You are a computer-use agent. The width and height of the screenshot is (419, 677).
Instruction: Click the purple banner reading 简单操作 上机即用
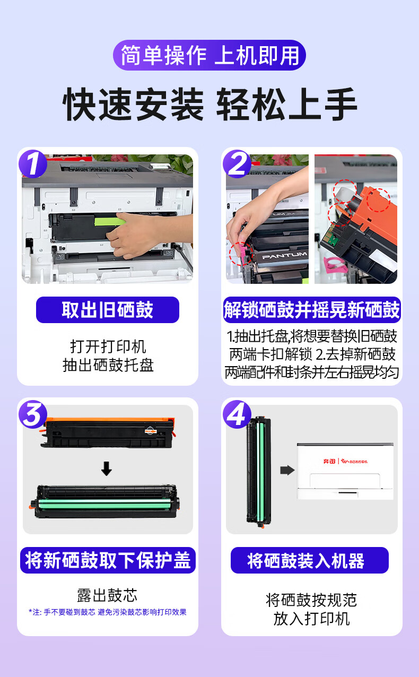pyautogui.click(x=210, y=55)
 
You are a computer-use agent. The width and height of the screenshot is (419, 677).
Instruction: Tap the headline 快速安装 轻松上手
pyautogui.click(x=210, y=105)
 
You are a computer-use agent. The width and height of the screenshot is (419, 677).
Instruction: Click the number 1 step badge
pyautogui.click(x=33, y=163)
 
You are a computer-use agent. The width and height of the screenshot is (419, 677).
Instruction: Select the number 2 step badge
pyautogui.click(x=237, y=163)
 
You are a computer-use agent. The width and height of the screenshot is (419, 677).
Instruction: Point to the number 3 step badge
pyautogui.click(x=33, y=414)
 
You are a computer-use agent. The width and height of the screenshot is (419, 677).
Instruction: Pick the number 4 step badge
pyautogui.click(x=237, y=414)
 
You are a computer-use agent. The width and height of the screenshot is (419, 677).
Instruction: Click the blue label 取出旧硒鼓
pyautogui.click(x=108, y=310)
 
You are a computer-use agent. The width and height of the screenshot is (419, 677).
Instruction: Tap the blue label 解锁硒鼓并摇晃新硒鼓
pyautogui.click(x=312, y=310)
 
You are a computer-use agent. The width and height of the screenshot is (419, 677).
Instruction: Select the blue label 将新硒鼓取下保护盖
pyautogui.click(x=108, y=560)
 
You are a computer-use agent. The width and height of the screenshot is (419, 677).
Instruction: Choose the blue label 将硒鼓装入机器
pyautogui.click(x=310, y=560)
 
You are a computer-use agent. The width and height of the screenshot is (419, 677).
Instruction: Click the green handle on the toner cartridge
pyautogui.click(x=110, y=220)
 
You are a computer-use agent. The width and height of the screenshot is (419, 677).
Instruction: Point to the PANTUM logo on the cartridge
pyautogui.click(x=284, y=255)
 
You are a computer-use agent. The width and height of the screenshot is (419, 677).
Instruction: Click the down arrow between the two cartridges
pyautogui.click(x=106, y=468)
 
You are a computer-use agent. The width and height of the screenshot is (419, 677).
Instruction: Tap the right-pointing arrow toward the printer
pyautogui.click(x=287, y=470)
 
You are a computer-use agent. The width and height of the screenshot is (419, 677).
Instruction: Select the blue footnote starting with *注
pyautogui.click(x=108, y=612)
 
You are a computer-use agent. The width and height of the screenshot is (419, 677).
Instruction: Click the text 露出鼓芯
pyautogui.click(x=107, y=595)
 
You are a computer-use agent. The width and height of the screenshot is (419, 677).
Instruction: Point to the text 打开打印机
pyautogui.click(x=108, y=346)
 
